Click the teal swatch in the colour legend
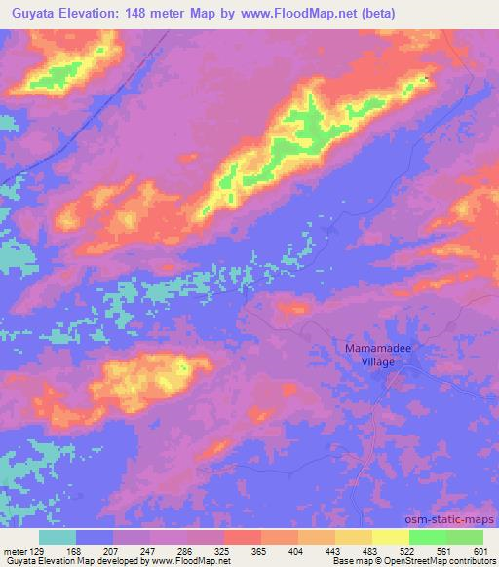[58, 536]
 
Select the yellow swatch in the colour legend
[390, 536]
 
